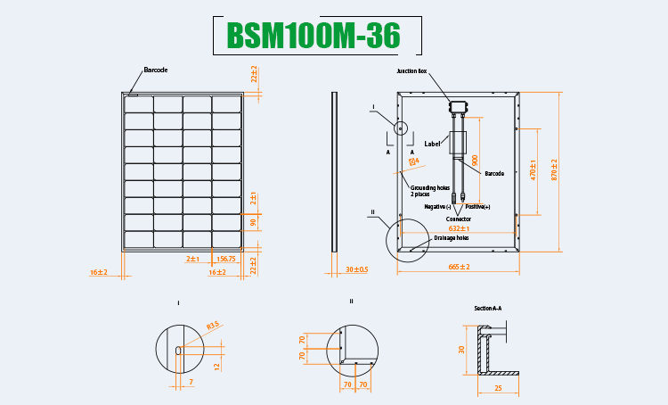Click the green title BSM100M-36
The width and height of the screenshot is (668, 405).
(x=313, y=35)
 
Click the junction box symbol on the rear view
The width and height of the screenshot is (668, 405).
(x=459, y=108)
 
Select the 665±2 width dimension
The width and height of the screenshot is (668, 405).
(x=459, y=266)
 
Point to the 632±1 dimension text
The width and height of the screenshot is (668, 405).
(x=459, y=228)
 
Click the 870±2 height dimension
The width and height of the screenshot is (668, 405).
(x=555, y=169)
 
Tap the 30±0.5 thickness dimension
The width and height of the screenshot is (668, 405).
(x=356, y=269)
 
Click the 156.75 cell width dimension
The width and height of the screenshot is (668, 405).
(x=226, y=259)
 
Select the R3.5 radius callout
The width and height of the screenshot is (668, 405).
(x=212, y=326)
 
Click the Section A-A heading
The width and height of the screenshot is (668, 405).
(x=488, y=308)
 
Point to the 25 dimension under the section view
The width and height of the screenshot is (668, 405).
(x=498, y=387)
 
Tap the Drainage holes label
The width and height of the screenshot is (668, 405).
(x=451, y=238)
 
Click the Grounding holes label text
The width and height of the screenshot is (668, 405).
(x=432, y=190)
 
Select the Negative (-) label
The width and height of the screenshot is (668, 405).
(x=437, y=206)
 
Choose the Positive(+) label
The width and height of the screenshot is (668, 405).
(x=477, y=206)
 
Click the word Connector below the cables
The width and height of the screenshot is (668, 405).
(x=459, y=218)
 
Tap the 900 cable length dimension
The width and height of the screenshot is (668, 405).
(x=475, y=161)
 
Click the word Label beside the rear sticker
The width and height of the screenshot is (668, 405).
(x=433, y=143)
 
